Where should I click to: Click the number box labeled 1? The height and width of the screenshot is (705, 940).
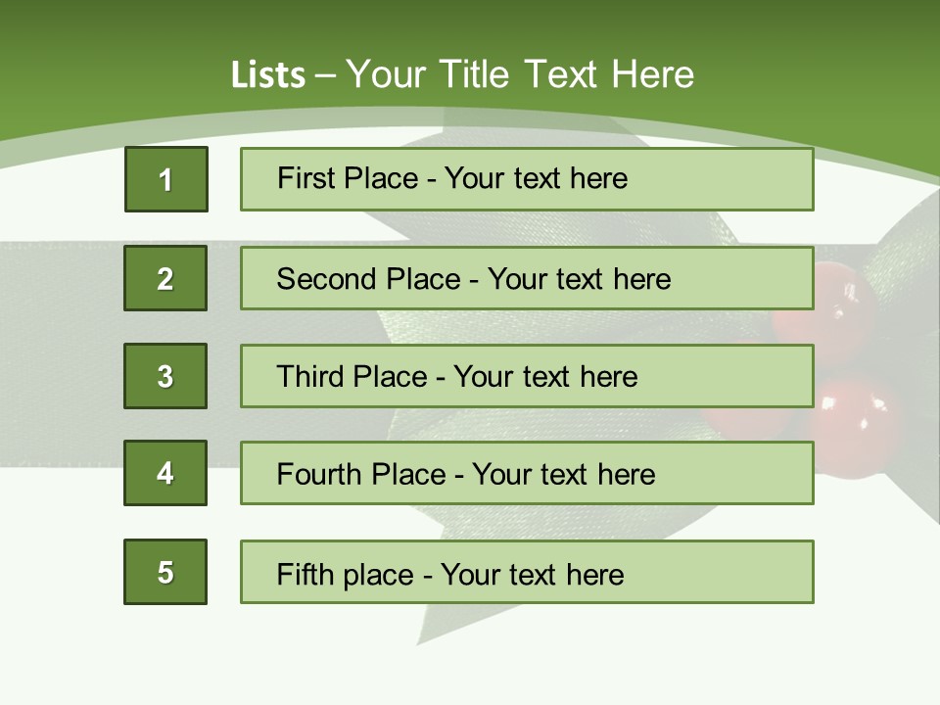click(x=166, y=179)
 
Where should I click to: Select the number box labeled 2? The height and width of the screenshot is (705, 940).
click(x=165, y=278)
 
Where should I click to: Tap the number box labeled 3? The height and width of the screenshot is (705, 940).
click(x=165, y=376)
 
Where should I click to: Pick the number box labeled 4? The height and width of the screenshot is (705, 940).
click(x=165, y=473)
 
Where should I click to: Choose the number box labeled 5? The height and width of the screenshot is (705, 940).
click(x=165, y=572)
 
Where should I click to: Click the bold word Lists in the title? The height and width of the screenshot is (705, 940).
click(x=268, y=74)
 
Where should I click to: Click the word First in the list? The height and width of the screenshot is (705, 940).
click(x=307, y=178)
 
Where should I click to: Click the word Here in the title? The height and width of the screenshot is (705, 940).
click(x=653, y=74)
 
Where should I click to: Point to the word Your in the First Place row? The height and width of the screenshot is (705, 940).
click(x=474, y=178)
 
